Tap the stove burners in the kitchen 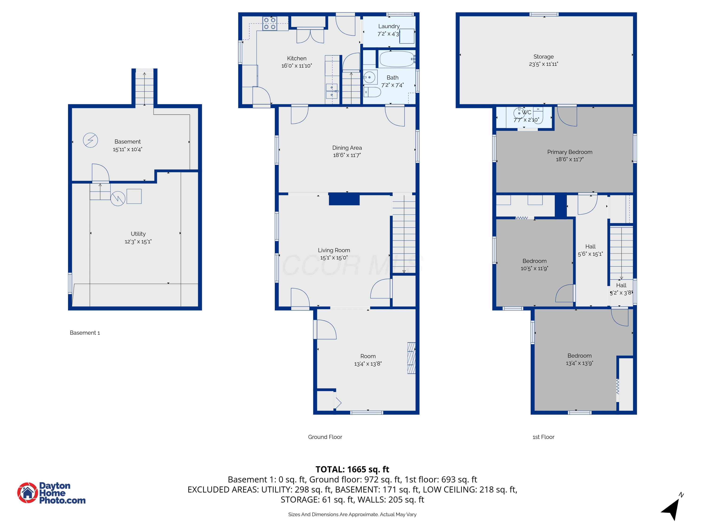[x=269, y=24]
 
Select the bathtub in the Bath [x=397, y=59]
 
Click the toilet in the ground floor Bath [x=372, y=92]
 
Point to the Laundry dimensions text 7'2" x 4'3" [x=388, y=34]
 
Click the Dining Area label [x=347, y=148]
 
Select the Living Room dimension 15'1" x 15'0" [x=334, y=258]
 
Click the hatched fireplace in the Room [x=411, y=358]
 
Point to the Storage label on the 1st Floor [x=543, y=56]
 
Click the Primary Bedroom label [x=570, y=152]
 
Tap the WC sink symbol [x=519, y=113]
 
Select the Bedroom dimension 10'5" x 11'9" [x=534, y=268]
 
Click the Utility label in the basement [x=138, y=234]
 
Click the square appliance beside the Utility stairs [x=134, y=196]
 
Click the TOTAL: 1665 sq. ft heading [x=352, y=469]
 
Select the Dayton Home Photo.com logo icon [x=27, y=493]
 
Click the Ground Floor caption [x=325, y=437]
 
